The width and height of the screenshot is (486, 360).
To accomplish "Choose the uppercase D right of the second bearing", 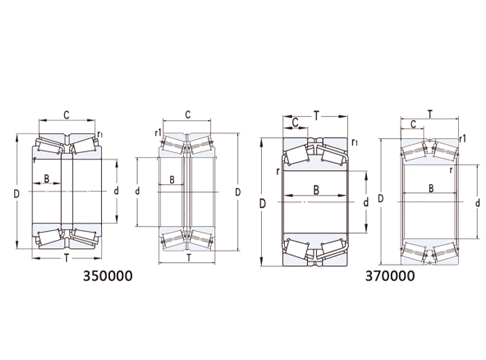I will point(238,190).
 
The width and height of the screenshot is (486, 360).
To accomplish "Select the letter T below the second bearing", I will point(188,258).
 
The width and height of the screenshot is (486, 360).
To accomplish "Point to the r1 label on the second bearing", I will point(159,132).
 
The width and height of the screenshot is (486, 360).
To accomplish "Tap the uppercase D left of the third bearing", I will point(262,203).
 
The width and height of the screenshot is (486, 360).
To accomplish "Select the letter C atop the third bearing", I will point(295,124).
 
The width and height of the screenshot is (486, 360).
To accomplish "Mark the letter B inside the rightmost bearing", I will point(432,186).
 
